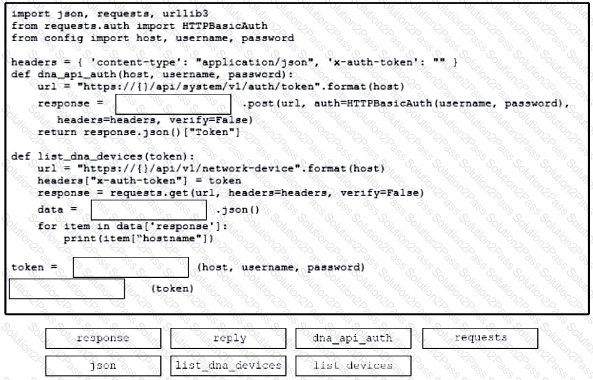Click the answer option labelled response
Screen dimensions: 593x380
[104, 338]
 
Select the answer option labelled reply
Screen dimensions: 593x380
[229, 338]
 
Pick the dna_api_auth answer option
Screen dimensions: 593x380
[353, 338]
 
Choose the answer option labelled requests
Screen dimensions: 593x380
[480, 338]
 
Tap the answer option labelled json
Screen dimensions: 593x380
[104, 366]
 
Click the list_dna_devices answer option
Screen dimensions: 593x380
[229, 366]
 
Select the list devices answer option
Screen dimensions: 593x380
[353, 366]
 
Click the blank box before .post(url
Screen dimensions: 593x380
[173, 104]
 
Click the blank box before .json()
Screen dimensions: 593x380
[148, 210]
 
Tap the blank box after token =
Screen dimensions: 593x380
[130, 268]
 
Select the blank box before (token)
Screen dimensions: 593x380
[66, 289]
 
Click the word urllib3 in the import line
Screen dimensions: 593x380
[185, 14]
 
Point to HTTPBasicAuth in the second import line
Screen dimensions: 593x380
[224, 26]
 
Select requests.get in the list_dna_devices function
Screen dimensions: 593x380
[149, 193]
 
